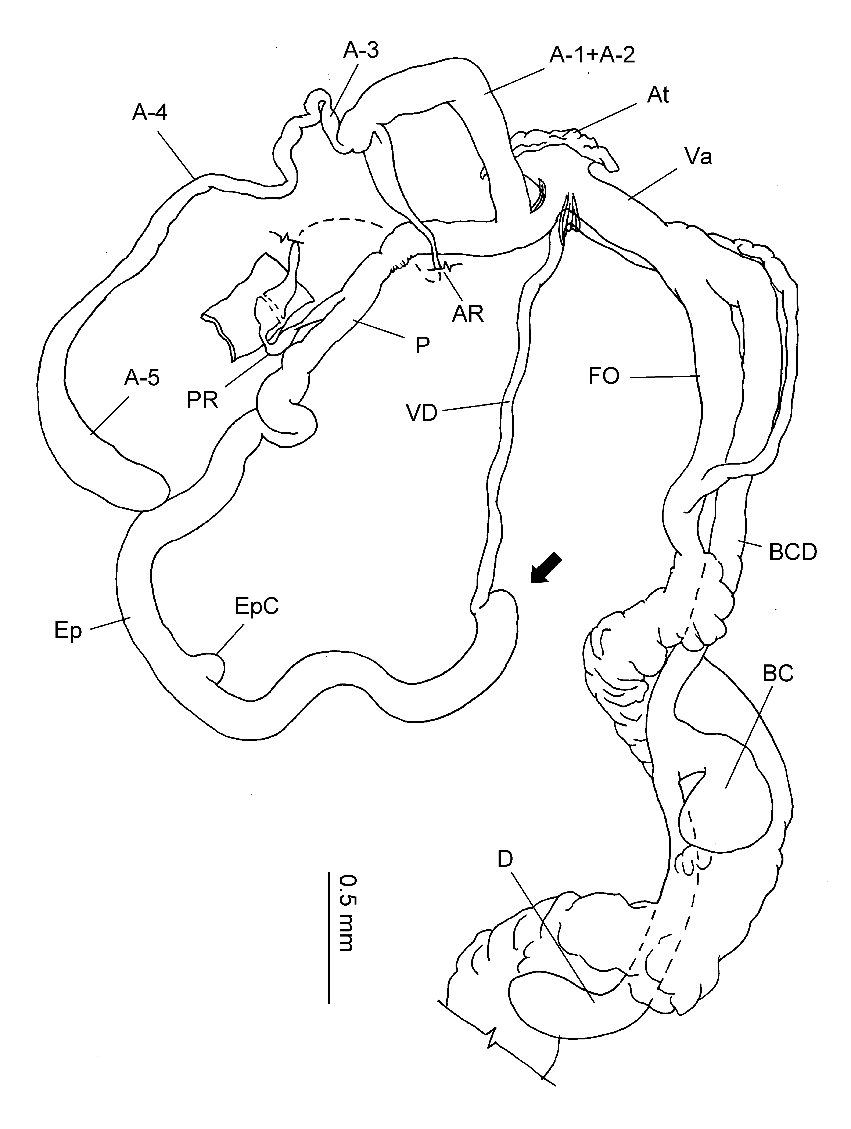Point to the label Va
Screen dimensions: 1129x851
pos(698,157)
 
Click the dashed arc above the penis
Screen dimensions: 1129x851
pos(342,223)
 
